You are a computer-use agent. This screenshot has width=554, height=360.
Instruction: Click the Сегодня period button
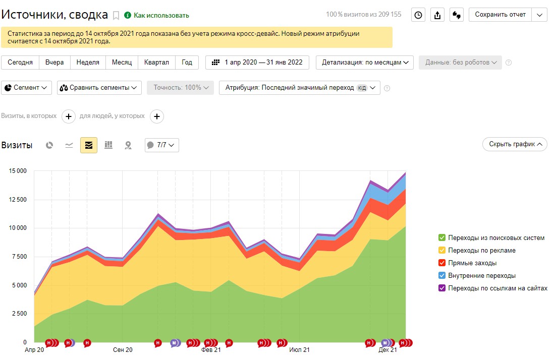point(20,63)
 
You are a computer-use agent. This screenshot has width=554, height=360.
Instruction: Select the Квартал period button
point(156,63)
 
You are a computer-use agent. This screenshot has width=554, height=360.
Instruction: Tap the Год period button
point(187,63)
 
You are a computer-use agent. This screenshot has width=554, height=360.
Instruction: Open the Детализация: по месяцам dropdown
point(365,63)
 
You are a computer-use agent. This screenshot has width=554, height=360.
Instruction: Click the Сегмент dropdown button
point(27,87)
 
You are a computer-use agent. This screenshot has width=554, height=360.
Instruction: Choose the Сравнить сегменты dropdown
point(99,87)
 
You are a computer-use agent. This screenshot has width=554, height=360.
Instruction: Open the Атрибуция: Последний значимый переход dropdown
point(299,87)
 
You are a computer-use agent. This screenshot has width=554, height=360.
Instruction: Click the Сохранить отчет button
point(500,15)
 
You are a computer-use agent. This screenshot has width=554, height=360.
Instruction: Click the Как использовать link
point(161,15)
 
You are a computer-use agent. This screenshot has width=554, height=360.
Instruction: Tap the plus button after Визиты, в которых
point(69,116)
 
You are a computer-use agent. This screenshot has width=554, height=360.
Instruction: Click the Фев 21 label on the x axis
point(211,349)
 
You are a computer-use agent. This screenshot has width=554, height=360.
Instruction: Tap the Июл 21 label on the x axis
point(300,349)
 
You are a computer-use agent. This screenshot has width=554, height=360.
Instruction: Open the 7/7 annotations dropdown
point(162,145)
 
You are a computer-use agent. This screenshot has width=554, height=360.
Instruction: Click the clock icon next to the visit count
point(418,15)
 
